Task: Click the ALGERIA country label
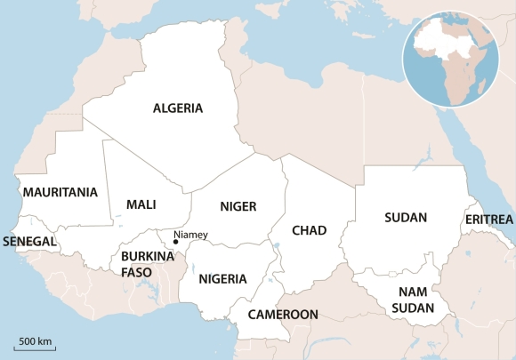[x=178, y=108]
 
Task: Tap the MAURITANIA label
[x=60, y=192]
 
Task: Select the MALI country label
[x=141, y=204]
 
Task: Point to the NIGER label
[x=238, y=207]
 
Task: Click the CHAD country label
[x=310, y=230]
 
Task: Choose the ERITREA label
[x=488, y=219]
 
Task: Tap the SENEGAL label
[x=30, y=241]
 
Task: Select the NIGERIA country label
[x=222, y=279]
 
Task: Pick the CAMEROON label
[x=283, y=315]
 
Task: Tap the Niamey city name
[x=190, y=235]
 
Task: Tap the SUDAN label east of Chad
[x=406, y=217]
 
